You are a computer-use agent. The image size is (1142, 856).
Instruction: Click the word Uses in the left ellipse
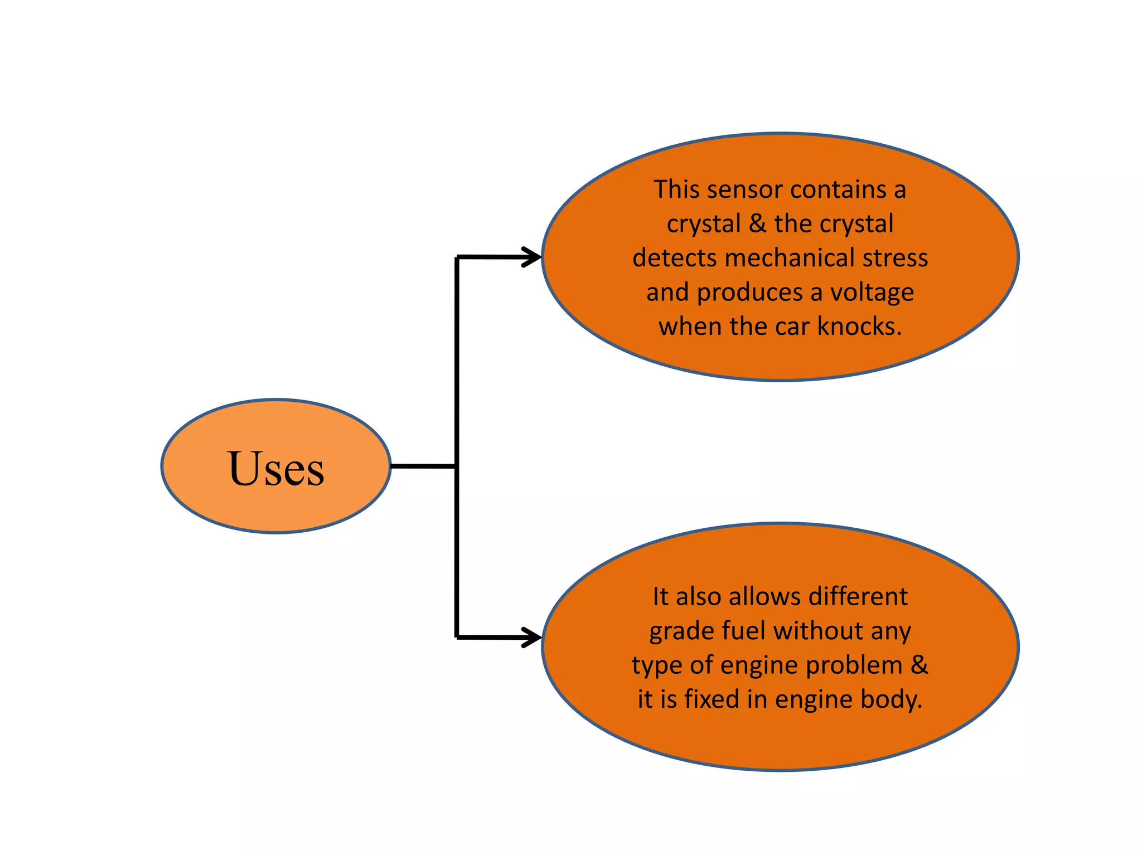[276, 469]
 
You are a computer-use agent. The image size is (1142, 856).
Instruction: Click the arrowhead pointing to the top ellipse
[533, 257]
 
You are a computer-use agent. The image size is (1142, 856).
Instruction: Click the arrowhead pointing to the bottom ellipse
[533, 637]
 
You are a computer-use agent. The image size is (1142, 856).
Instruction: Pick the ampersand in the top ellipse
[757, 224]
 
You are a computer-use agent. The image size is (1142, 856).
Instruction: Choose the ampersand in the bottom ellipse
[920, 665]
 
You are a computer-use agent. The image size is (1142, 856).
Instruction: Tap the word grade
[682, 632]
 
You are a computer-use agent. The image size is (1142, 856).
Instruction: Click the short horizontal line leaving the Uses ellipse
[423, 466]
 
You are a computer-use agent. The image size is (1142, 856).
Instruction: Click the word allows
[764, 597]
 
